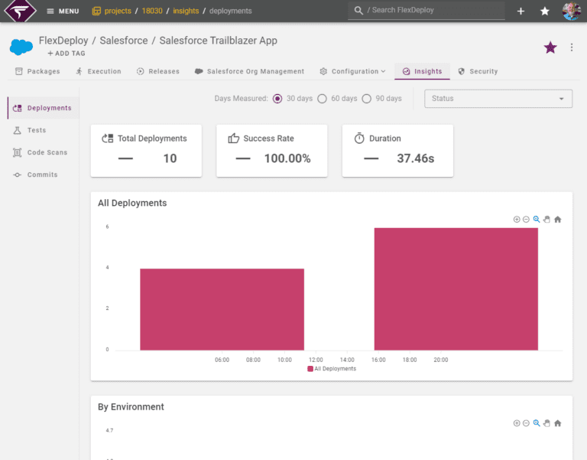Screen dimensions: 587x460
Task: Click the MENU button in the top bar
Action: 63,11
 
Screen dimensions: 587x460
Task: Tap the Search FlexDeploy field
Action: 426,11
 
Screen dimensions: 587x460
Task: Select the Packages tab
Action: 37,71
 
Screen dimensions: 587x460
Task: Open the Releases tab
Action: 158,71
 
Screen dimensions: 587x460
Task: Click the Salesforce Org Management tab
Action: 249,71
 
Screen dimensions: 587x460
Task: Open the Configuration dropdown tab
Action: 352,71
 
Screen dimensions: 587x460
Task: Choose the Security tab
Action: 478,71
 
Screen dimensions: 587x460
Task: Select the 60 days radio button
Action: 322,99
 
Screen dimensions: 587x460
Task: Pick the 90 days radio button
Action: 367,99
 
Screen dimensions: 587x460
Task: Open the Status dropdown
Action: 498,99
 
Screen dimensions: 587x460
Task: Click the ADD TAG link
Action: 66,54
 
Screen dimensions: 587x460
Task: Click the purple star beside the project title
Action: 550,47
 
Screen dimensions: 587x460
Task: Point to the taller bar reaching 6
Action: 456,289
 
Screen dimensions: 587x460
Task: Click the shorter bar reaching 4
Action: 222,309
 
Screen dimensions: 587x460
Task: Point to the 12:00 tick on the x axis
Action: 316,360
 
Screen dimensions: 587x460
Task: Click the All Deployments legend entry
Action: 332,368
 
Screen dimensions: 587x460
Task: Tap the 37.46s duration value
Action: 416,158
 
